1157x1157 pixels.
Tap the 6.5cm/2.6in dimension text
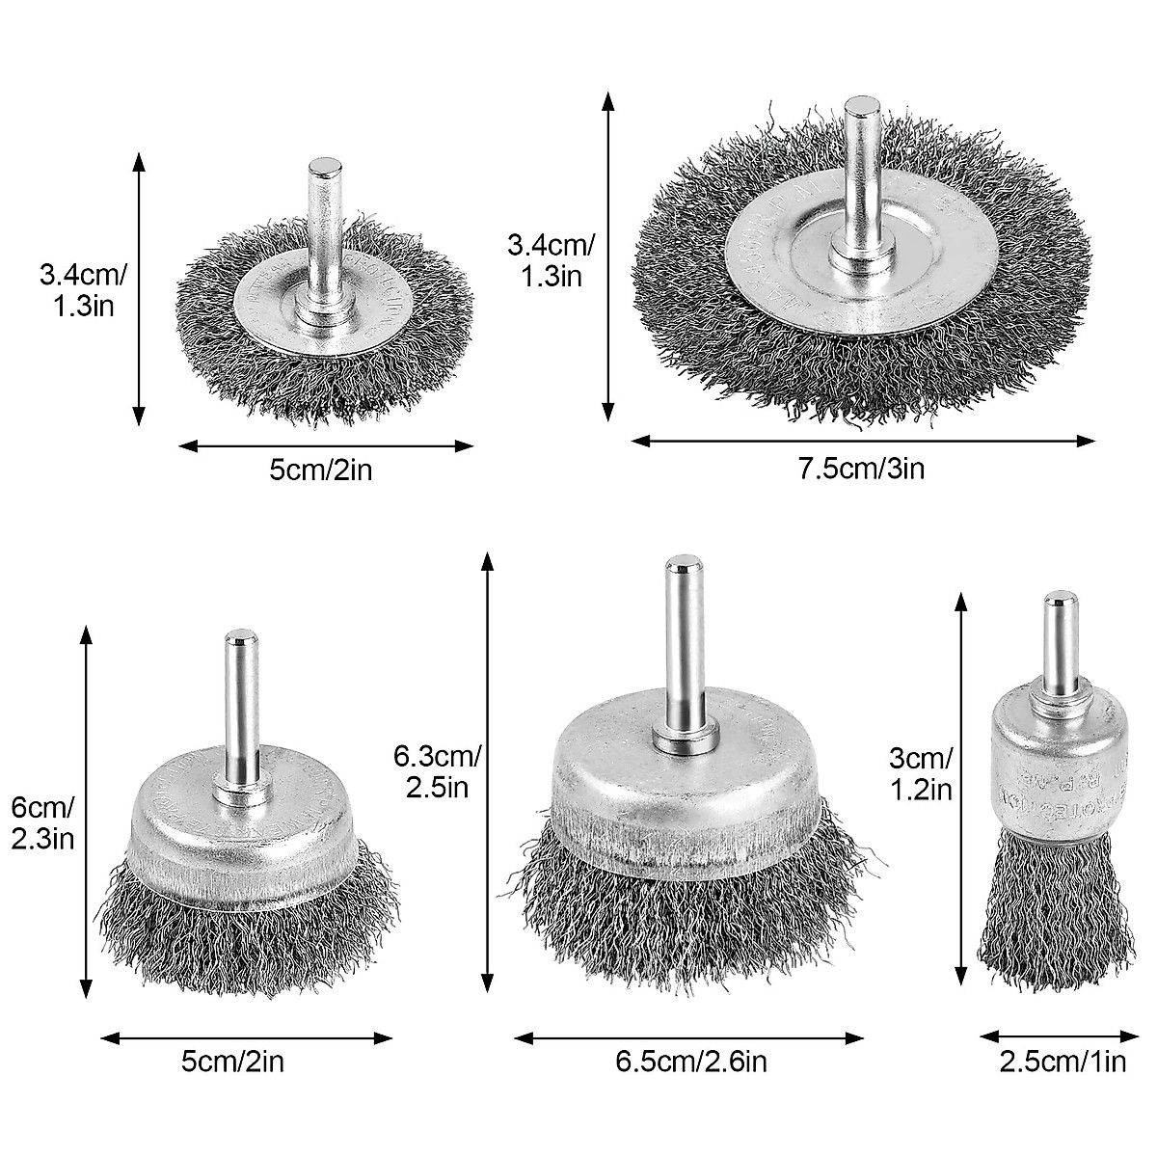[x=691, y=1063]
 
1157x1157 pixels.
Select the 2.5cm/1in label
[x=1063, y=1063]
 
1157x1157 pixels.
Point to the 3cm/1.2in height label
[x=920, y=773]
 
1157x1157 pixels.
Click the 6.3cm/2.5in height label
[x=436, y=771]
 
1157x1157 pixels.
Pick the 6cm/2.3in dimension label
[x=42, y=822]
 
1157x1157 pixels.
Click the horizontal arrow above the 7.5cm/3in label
[x=863, y=441]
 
